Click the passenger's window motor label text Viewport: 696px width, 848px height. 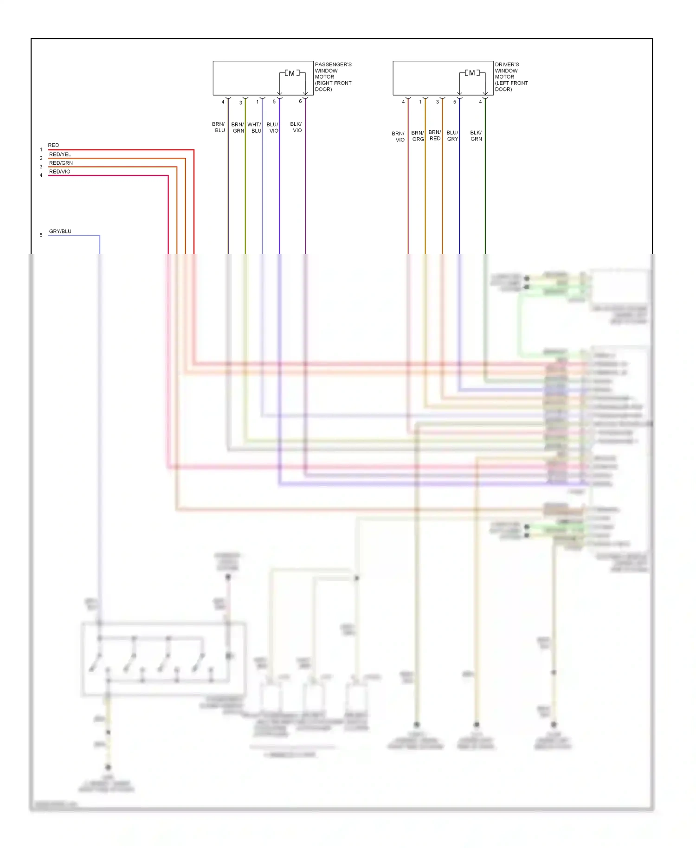(x=333, y=77)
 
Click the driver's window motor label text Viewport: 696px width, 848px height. (x=511, y=77)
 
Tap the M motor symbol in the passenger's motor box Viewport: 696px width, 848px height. (x=291, y=73)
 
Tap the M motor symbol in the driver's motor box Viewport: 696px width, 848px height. (x=471, y=73)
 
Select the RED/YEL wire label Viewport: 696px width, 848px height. (x=60, y=154)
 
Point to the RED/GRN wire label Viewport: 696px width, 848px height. (x=61, y=163)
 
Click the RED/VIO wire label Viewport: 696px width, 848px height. (x=59, y=172)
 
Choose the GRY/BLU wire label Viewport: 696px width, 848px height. (x=60, y=231)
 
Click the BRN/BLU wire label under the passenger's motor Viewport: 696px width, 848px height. (x=219, y=127)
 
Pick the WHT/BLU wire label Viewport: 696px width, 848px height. (x=254, y=128)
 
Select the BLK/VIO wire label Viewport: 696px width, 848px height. (x=296, y=127)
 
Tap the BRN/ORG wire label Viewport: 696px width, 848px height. (x=418, y=136)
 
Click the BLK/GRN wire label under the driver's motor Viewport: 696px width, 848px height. (x=476, y=135)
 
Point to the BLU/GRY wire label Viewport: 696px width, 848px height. (x=452, y=135)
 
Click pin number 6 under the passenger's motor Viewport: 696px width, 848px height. (x=300, y=101)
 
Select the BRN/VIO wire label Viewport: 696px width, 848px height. (x=399, y=136)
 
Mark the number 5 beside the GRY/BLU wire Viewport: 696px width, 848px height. (x=41, y=235)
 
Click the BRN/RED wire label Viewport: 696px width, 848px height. (x=435, y=135)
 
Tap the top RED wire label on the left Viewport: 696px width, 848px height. (x=53, y=145)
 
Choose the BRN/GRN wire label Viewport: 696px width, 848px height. (x=238, y=128)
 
